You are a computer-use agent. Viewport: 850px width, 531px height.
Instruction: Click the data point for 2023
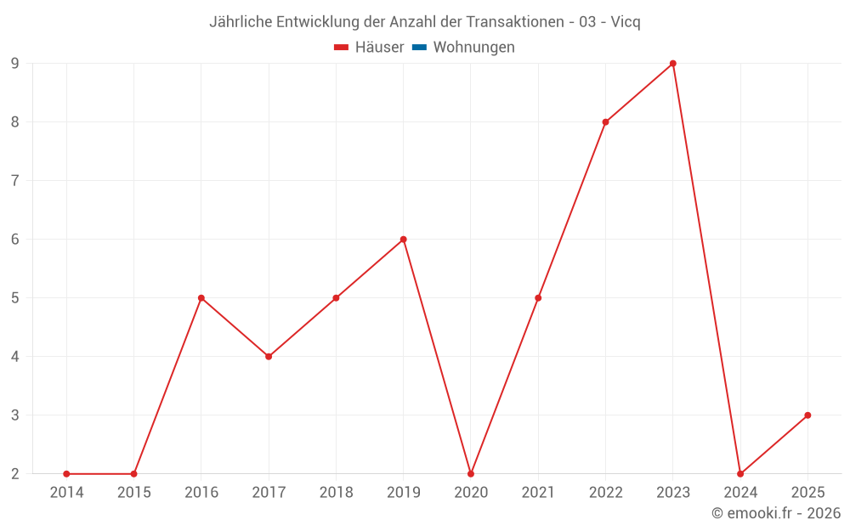coord(672,64)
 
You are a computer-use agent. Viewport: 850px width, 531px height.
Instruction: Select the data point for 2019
coord(403,240)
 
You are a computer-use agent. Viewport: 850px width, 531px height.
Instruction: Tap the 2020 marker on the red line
coord(471,473)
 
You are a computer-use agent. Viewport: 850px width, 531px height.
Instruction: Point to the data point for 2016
coord(201,298)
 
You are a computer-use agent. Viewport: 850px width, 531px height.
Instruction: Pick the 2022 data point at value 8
coord(605,122)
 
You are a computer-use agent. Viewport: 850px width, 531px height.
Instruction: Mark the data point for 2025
coord(807,415)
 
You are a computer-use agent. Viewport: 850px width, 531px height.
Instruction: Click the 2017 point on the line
coord(269,357)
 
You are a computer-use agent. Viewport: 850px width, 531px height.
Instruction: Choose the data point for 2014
coord(66,473)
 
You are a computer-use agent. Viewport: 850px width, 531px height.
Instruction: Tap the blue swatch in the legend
coord(419,48)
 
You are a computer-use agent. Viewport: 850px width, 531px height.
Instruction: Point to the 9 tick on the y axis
coord(15,64)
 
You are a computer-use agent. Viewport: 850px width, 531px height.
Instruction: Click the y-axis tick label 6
coord(15,240)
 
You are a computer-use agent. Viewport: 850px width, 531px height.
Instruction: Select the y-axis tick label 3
coord(15,415)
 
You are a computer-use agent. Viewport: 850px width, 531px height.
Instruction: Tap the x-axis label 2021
coord(538,492)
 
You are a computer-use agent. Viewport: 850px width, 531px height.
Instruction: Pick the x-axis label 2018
coord(336,492)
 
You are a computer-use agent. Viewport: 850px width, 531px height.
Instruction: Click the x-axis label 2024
coord(740,492)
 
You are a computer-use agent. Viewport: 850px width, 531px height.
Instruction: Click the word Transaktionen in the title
coord(513,22)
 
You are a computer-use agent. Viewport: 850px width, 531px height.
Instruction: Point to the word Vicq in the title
coord(626,22)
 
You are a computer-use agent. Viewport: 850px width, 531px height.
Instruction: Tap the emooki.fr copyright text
coord(776,513)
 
